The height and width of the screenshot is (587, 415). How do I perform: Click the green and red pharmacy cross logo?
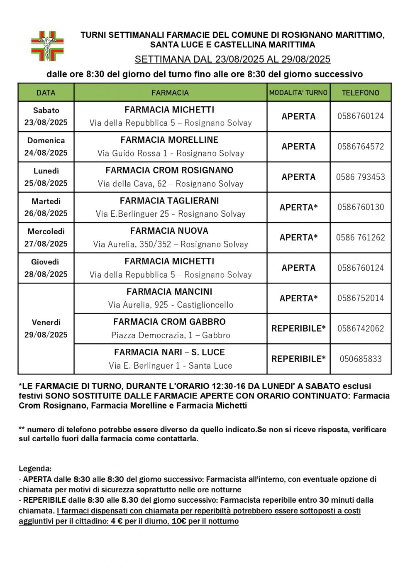coord(47,46)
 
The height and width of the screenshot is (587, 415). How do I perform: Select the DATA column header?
coord(46,93)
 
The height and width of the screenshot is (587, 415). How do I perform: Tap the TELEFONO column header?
coord(360,93)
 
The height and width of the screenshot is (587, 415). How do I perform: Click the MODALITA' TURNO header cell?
coord(298,93)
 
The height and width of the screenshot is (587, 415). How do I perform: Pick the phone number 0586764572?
coord(361,147)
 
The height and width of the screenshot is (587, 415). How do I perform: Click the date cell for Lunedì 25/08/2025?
coord(46,177)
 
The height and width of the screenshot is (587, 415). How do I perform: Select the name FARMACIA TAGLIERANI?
coord(169,201)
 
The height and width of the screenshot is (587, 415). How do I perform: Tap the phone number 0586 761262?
coord(361,237)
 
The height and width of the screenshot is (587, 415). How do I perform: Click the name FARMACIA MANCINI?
coord(169,292)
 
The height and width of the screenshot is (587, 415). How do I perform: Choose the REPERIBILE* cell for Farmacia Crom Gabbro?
coord(298,328)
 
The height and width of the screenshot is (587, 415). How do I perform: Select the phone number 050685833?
coord(361,359)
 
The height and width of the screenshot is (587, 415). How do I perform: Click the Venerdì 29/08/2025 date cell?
coord(46,328)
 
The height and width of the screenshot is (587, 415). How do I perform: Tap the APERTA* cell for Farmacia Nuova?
coord(298,237)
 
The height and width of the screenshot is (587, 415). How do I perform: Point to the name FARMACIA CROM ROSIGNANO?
coord(169,171)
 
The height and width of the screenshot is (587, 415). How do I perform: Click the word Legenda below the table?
coord(35,469)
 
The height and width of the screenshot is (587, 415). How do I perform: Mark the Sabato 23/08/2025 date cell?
coord(46,116)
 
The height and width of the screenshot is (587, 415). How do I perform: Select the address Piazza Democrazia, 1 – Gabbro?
coord(171,335)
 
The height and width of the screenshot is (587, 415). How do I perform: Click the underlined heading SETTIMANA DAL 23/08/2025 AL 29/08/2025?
coord(232,59)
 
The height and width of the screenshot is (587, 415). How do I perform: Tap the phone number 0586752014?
coord(361,298)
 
